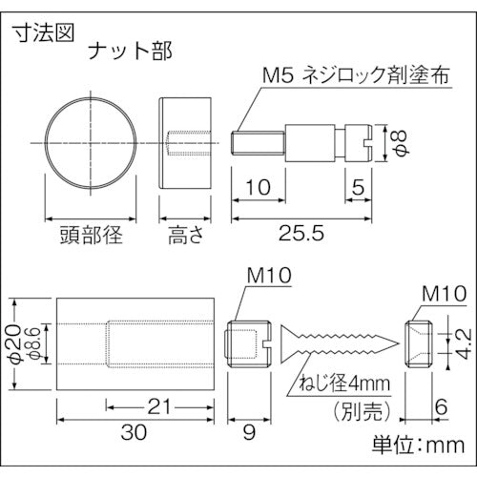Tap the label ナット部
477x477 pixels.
131,49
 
